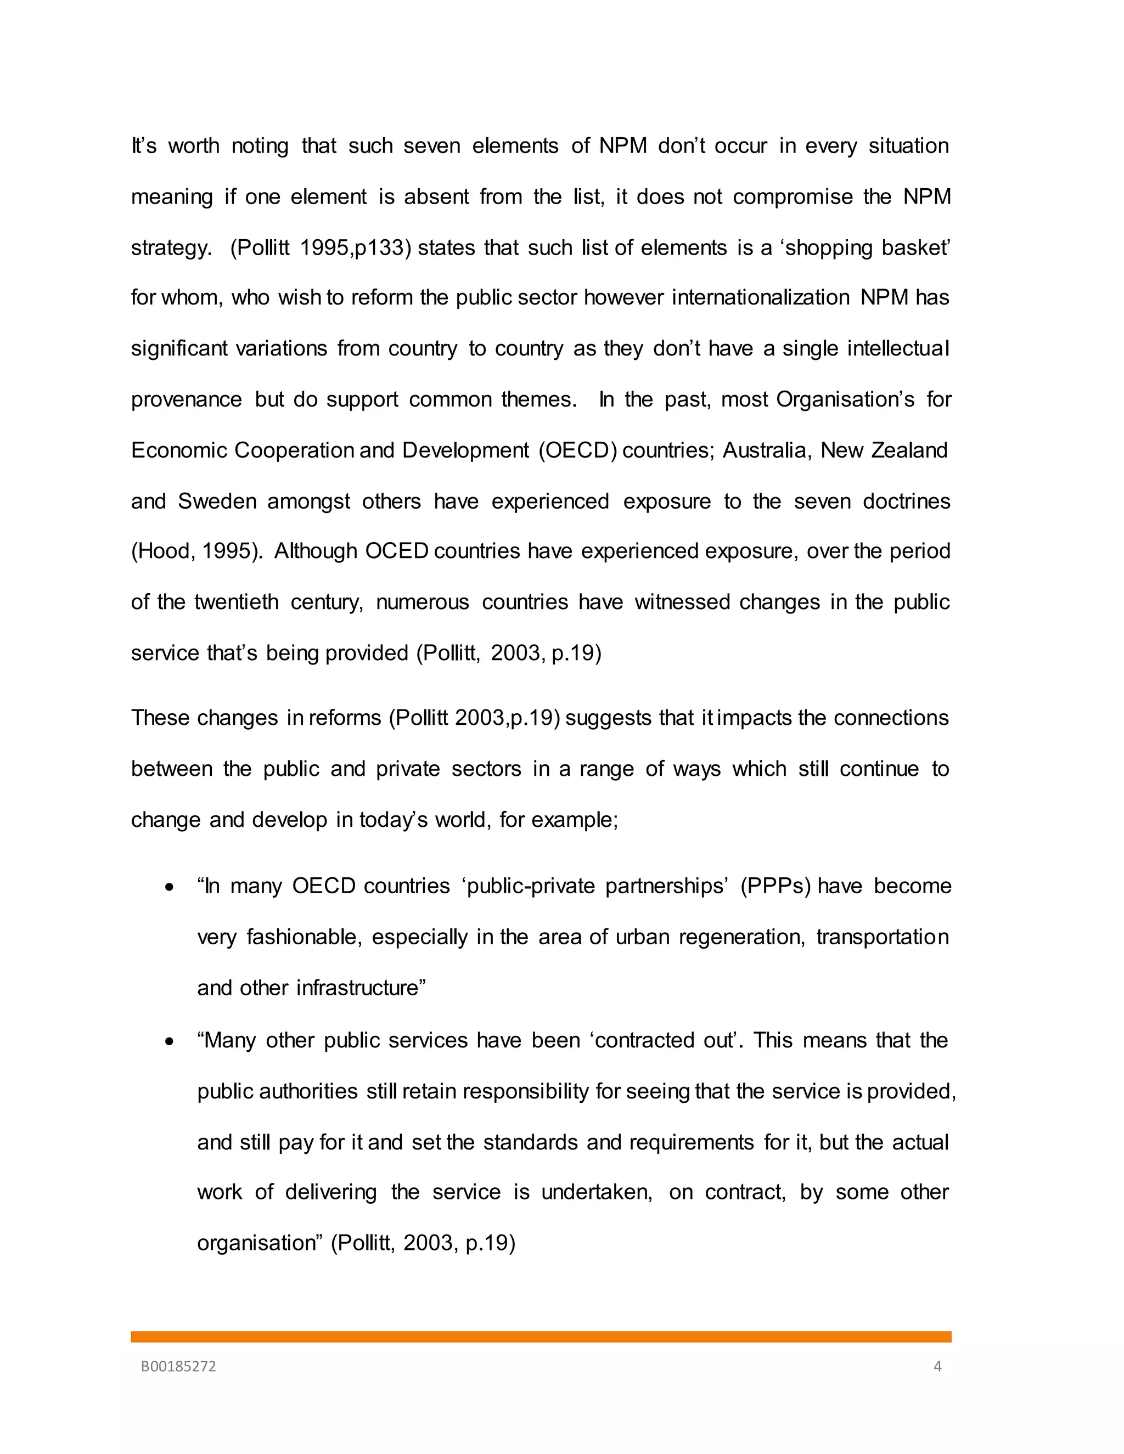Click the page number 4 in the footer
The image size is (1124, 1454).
937,1367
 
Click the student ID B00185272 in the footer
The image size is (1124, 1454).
178,1367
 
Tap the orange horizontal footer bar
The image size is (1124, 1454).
541,1337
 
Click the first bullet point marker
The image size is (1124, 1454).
171,887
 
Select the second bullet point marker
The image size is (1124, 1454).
171,1042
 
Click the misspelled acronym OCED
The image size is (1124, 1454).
396,551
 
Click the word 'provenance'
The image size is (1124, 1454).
187,399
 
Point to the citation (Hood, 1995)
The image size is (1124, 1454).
197,551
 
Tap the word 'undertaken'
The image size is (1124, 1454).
597,1192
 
